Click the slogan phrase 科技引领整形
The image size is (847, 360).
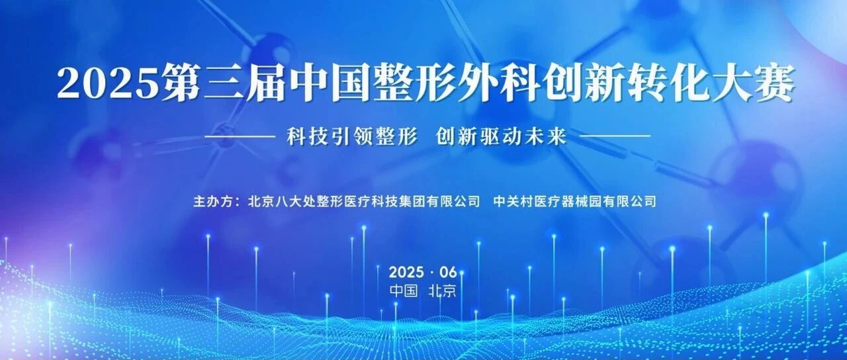pos(351,136)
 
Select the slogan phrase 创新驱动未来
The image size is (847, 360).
pos(501,136)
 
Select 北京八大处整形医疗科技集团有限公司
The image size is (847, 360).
pos(364,201)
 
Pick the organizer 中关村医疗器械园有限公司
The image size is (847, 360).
pos(575,201)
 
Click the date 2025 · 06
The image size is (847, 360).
pos(423,272)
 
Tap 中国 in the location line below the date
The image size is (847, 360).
pos(404,291)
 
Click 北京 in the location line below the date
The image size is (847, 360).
pos(443,291)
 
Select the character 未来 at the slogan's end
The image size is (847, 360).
pos(546,136)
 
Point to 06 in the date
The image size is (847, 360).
pos(449,272)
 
